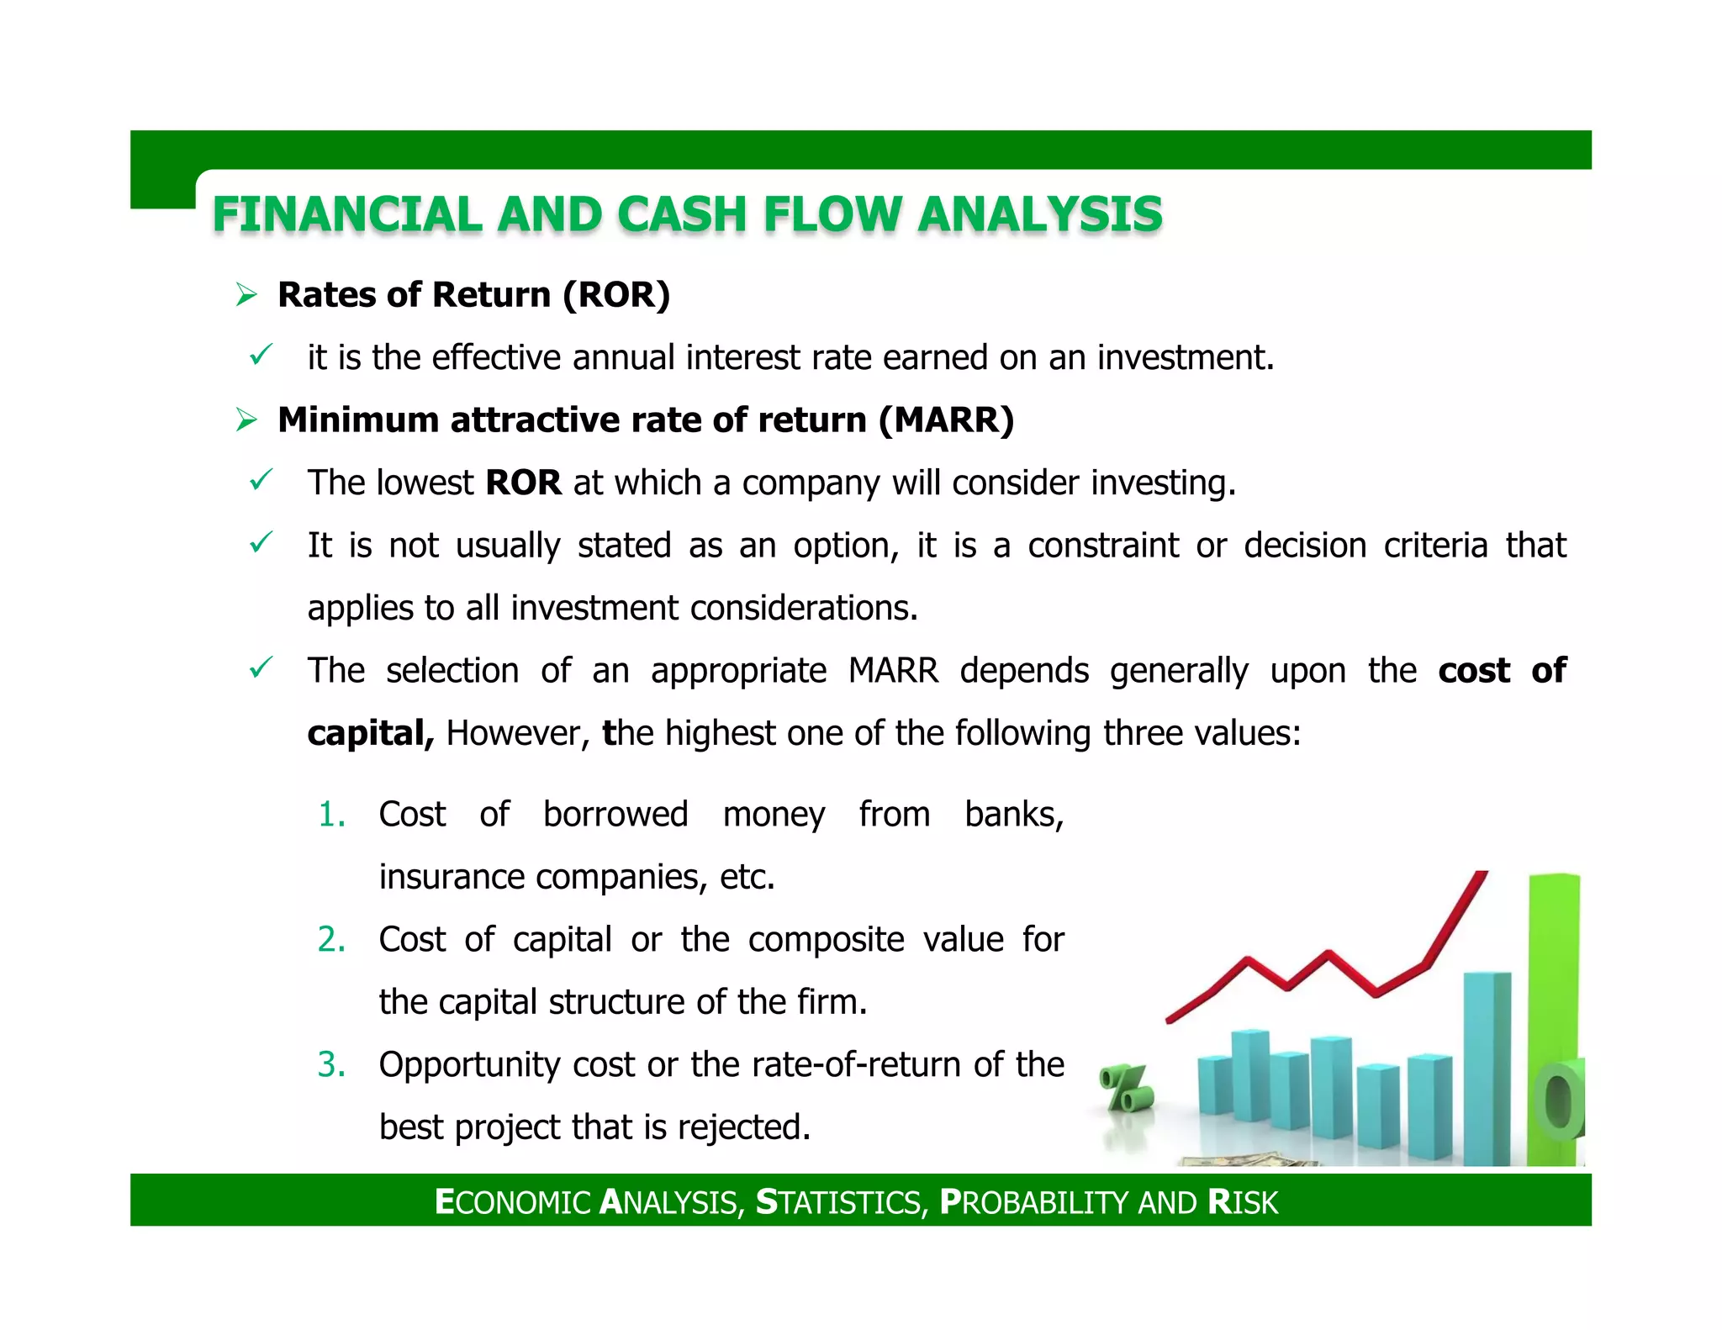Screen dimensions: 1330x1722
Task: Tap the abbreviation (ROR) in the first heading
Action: [x=616, y=295]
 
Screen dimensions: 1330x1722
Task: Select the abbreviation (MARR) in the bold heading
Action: [x=947, y=420]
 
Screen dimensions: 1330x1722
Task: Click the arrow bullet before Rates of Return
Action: [x=246, y=295]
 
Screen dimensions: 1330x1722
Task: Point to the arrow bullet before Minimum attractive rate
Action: [x=246, y=420]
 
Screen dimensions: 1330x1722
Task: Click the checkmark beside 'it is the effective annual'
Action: [x=261, y=355]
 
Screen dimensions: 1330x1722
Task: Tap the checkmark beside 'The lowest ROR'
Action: [x=261, y=480]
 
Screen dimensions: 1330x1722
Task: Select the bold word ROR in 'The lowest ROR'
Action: [x=524, y=483]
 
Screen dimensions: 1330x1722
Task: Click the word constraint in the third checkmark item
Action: [x=1103, y=546]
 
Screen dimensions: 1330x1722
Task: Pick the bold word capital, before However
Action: [x=371, y=734]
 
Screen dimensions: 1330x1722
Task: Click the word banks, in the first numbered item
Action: [x=1014, y=815]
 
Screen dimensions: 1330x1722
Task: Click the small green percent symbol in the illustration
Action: [x=1127, y=1089]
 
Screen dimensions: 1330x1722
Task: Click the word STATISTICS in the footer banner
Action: [x=841, y=1202]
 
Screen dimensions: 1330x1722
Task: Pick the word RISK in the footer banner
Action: [x=1243, y=1202]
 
